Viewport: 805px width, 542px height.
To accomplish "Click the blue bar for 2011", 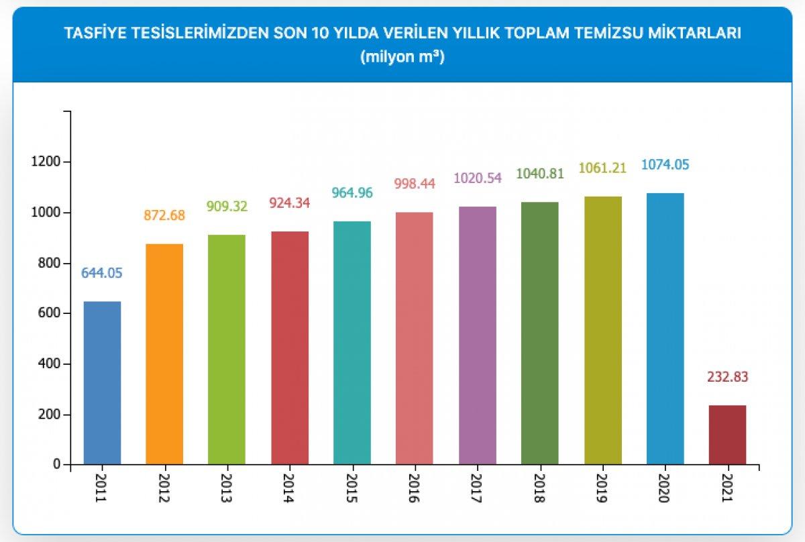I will point(102,382).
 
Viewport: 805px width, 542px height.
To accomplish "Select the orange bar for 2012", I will point(164,354).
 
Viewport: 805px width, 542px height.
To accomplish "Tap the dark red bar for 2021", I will point(727,435).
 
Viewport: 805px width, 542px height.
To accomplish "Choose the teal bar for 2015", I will point(352,343).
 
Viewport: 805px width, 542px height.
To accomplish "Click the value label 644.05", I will point(102,273).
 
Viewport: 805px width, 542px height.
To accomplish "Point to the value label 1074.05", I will point(665,165).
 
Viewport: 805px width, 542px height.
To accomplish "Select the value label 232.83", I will point(727,377).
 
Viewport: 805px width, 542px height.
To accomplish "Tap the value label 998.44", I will point(415,183).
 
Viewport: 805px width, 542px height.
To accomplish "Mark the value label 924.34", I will point(289,202).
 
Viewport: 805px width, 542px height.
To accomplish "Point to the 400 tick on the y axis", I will point(48,364).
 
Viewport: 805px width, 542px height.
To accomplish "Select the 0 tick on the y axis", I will point(56,465).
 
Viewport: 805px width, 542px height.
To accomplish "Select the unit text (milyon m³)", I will point(402,58).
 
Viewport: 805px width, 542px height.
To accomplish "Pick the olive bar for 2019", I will point(602,331).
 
